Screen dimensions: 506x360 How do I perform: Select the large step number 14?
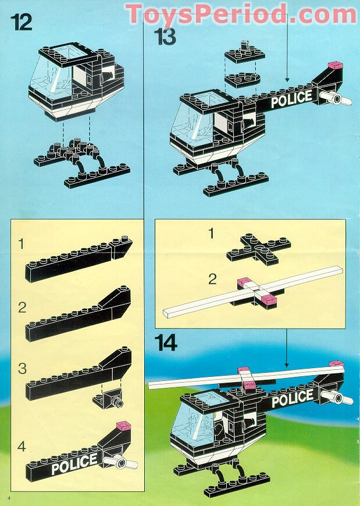[x=166, y=344]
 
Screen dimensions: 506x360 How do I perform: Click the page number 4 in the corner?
[x=9, y=499]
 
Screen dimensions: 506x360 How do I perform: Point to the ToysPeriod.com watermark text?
[x=241, y=13]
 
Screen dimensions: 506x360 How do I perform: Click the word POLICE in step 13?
[x=291, y=99]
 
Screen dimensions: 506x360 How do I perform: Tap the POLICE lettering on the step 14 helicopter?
[x=293, y=399]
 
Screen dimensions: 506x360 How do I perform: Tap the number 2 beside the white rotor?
[x=212, y=279]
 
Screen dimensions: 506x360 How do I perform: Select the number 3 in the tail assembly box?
[x=22, y=368]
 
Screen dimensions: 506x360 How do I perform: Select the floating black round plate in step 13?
[x=242, y=80]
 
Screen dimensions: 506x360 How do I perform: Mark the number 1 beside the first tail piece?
[x=22, y=244]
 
